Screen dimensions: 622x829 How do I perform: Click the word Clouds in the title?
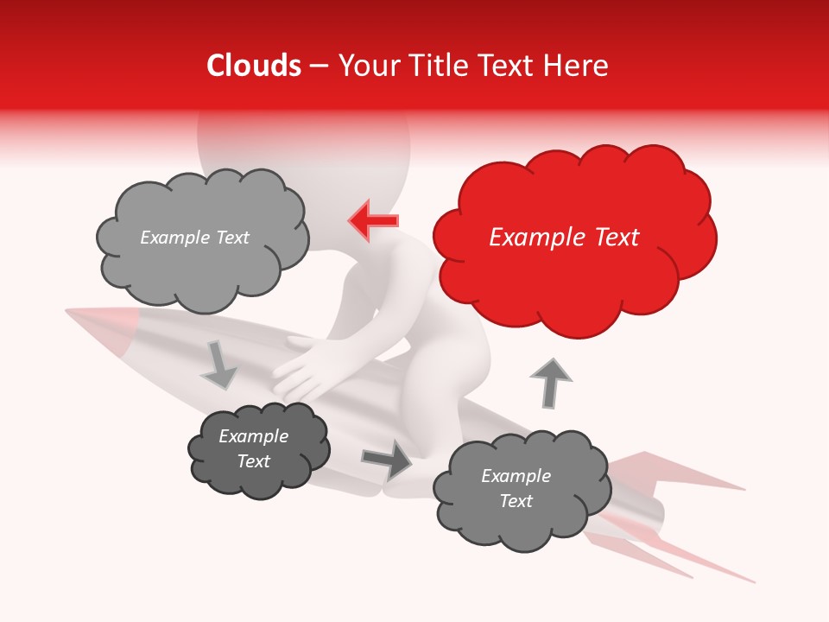(254, 66)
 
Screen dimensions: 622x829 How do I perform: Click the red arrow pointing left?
(373, 220)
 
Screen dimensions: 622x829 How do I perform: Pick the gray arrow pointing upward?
(550, 383)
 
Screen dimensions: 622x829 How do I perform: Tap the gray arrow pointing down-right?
(218, 365)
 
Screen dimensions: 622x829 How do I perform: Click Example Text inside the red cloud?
(564, 238)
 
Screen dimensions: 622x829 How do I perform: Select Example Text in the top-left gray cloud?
(194, 238)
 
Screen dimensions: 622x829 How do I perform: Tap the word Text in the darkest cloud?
(254, 461)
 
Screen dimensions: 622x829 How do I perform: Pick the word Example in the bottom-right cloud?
(516, 476)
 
